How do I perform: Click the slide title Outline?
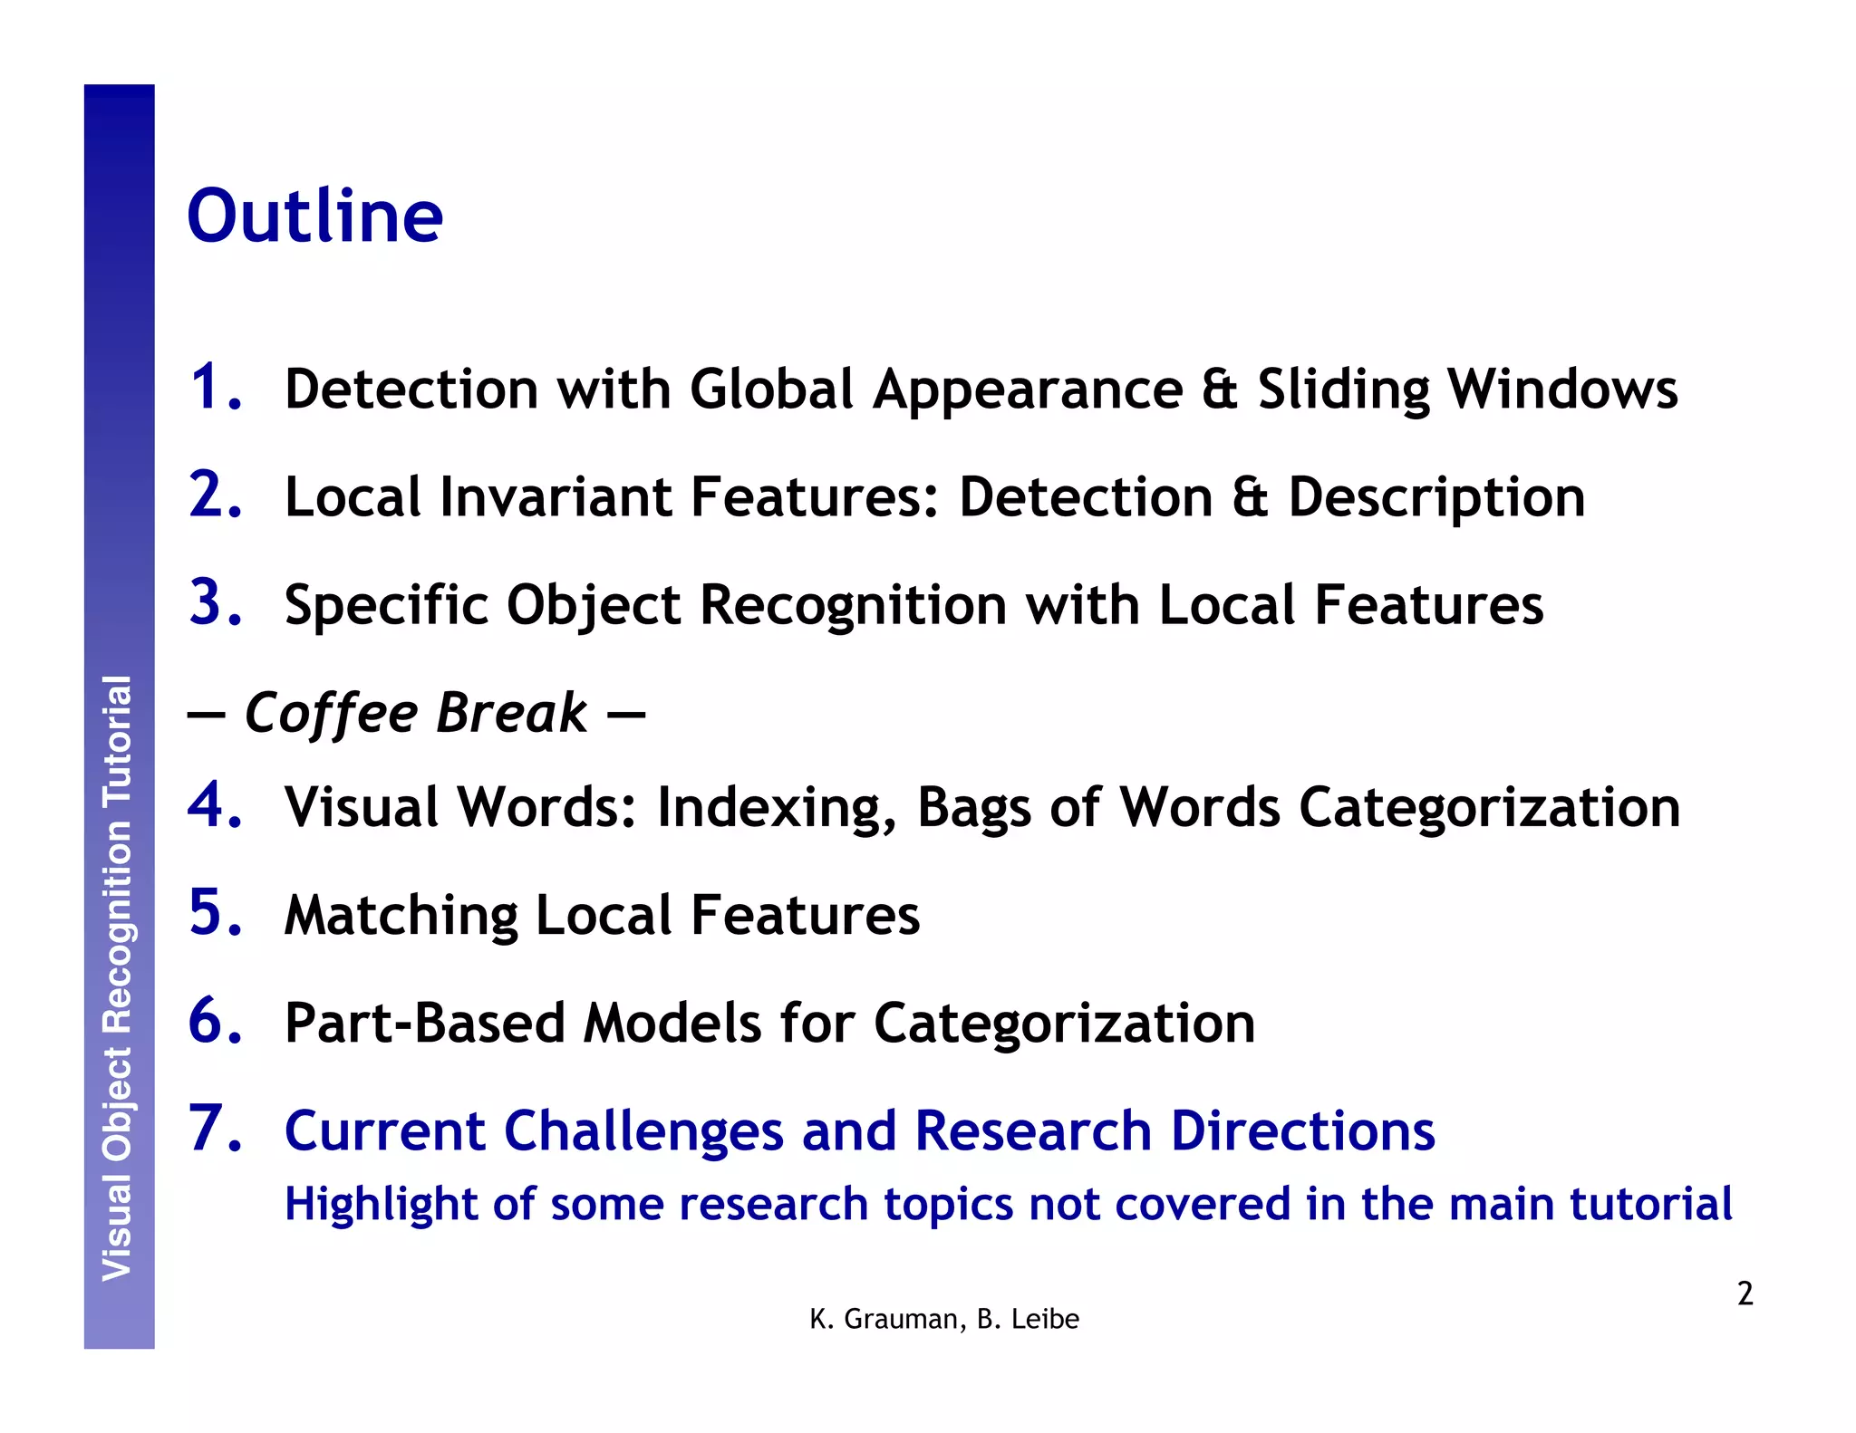coord(314,216)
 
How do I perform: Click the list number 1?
coord(213,387)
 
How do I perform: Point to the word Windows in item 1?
coord(1562,390)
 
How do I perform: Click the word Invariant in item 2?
coord(556,497)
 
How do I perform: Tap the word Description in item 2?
coord(1436,497)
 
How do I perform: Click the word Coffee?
coord(332,713)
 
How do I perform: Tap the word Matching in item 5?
coord(401,915)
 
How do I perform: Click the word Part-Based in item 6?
coord(424,1023)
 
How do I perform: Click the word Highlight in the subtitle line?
coord(380,1205)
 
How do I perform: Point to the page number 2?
coord(1745,1294)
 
